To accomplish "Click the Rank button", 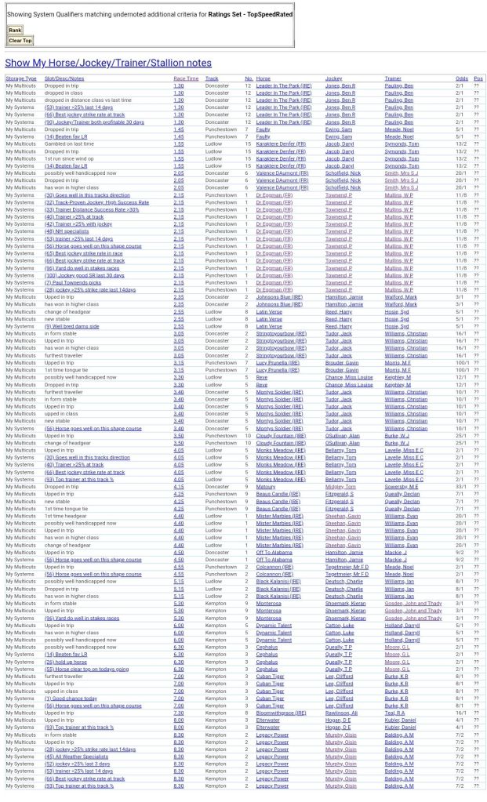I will [x=15, y=30].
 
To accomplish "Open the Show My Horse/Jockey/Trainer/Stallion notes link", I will [x=108, y=63].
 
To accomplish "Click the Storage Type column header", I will [x=21, y=78].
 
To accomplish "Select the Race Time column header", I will [x=186, y=78].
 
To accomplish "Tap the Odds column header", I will [x=462, y=78].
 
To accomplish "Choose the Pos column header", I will [x=478, y=78].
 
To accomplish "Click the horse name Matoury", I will [x=267, y=487].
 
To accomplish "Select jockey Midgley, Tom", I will [x=340, y=487].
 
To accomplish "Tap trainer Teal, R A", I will [x=394, y=713].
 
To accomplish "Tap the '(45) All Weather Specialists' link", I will [x=76, y=757].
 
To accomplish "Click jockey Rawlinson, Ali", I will [x=341, y=713].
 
